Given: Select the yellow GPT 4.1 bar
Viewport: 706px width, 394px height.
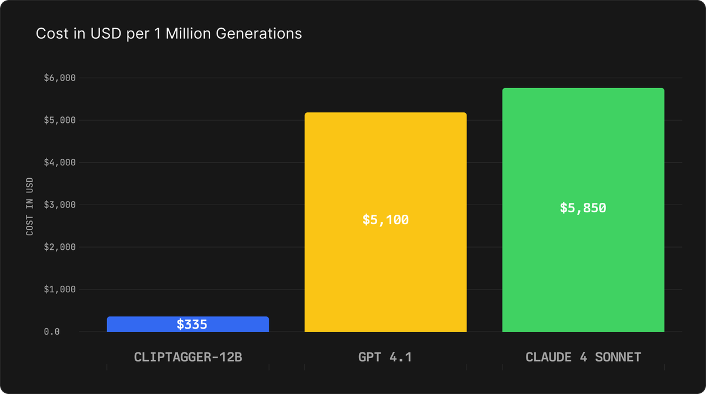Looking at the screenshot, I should [385, 165].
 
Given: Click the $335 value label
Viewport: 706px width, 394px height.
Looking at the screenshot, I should [192, 324].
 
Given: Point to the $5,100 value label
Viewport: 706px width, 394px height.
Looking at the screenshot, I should [385, 220].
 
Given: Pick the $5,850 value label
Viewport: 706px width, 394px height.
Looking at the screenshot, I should [582, 208].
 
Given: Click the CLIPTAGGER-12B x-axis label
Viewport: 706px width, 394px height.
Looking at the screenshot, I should [188, 357].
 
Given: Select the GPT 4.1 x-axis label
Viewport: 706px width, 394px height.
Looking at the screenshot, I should [385, 357].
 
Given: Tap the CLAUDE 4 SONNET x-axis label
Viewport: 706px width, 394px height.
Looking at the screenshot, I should [582, 357].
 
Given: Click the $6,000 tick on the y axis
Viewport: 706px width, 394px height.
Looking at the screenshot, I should [60, 78].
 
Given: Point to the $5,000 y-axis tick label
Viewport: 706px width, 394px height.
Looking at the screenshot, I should [60, 120].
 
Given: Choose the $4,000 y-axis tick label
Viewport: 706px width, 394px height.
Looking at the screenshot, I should [60, 162].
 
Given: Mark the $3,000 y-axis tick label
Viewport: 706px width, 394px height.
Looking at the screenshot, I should [60, 205].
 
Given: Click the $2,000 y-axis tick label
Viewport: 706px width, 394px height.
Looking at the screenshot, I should [60, 247].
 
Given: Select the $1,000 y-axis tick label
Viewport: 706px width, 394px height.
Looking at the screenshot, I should [60, 289].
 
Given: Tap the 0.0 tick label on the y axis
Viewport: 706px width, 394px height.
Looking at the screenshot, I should [52, 332].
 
